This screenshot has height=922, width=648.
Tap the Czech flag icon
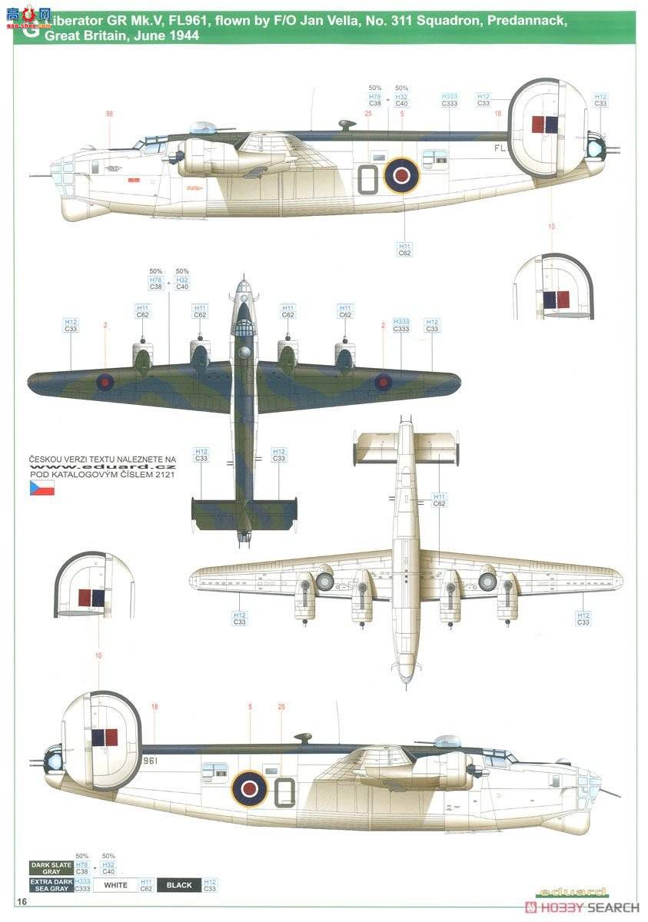42,487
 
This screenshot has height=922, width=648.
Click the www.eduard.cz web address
103,466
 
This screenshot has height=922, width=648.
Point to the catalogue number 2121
161,474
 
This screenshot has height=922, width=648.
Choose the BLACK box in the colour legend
179,885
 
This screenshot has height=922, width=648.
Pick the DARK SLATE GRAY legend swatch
52,868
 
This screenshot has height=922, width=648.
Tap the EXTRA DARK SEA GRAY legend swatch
52,885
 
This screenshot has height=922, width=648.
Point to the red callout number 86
109,114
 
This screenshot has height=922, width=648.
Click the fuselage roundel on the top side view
400,175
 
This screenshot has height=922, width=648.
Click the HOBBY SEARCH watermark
582,907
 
